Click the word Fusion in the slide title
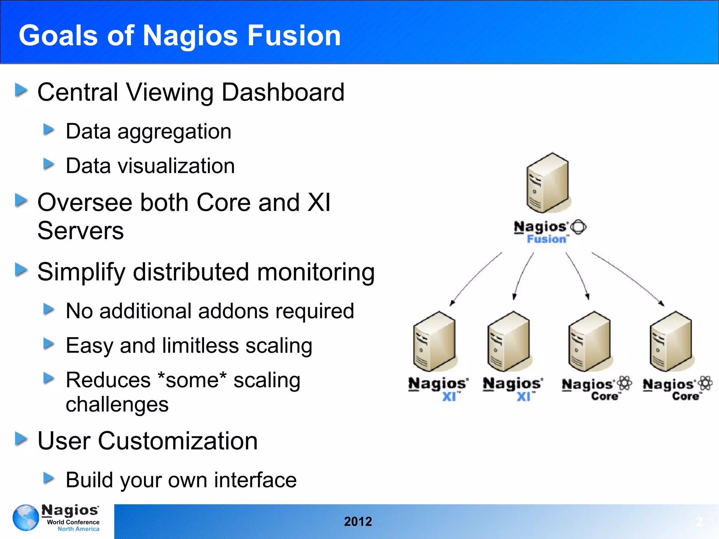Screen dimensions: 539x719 pos(294,35)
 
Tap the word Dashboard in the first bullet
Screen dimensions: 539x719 pos(283,92)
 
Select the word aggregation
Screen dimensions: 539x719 pos(174,132)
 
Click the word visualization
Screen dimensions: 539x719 pos(176,166)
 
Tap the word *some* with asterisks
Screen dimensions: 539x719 pos(192,380)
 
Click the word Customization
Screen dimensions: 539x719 pos(178,441)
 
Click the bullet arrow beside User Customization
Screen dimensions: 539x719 pos(21,439)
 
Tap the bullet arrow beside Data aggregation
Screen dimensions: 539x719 pos(48,130)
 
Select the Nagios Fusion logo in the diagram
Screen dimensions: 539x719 pos(549,232)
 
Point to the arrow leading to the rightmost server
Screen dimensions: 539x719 pos(628,278)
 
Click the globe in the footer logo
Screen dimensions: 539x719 pos(26,518)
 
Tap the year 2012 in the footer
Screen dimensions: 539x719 pos(358,521)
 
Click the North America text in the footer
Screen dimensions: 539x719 pos(78,529)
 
